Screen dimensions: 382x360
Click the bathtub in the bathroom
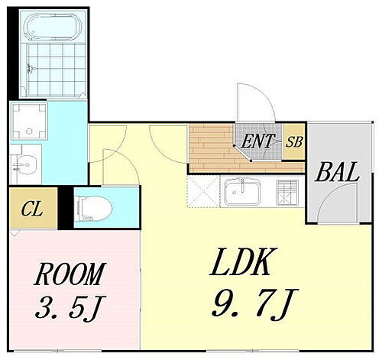click(53, 27)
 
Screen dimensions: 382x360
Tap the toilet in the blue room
click(94, 209)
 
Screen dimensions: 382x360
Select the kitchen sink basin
click(242, 192)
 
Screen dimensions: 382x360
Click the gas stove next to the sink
click(287, 193)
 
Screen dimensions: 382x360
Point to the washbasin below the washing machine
click(25, 165)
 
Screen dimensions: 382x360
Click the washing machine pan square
click(29, 121)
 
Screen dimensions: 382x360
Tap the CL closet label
click(32, 209)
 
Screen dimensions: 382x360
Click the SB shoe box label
click(294, 141)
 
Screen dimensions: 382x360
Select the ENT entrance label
click(257, 141)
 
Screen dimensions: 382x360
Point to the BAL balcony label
click(337, 172)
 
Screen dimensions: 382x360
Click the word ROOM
click(70, 274)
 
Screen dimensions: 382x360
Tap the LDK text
click(243, 261)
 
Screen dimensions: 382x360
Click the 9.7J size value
click(254, 305)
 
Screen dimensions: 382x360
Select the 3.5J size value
click(70, 307)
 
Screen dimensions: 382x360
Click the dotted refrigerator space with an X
click(203, 191)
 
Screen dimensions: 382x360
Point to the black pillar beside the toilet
click(66, 208)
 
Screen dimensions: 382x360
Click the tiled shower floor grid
click(56, 70)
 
